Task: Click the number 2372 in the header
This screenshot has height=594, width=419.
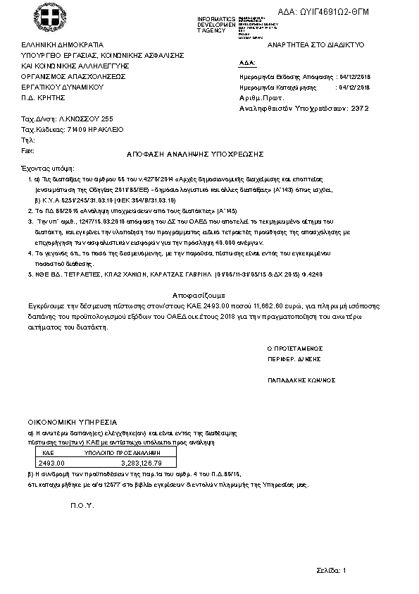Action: pos(360,109)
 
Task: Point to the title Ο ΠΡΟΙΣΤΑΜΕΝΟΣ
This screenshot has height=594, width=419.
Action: pos(294,348)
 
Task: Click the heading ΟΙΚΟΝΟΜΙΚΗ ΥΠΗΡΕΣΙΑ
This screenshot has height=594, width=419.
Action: pos(72,421)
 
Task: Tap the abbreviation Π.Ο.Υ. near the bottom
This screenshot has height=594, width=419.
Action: pos(82,507)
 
